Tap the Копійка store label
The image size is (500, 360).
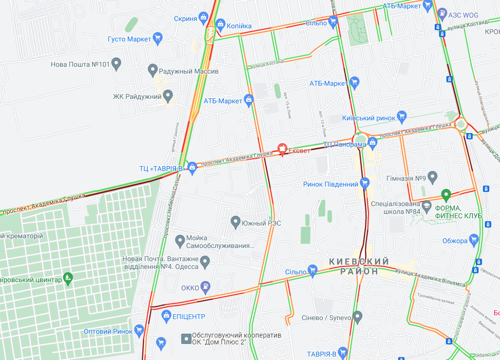click(239, 25)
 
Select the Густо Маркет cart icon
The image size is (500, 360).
click(157, 38)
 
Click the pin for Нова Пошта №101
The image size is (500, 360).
click(116, 64)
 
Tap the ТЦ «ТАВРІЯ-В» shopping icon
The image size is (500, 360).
click(192, 168)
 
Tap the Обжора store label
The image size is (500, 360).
click(455, 240)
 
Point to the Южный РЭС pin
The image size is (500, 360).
click(235, 223)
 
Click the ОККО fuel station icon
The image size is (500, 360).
click(207, 287)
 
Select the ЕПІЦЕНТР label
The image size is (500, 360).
click(188, 317)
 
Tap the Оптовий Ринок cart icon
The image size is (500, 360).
click(139, 331)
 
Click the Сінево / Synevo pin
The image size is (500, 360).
click(357, 318)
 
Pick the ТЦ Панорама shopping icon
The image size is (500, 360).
click(373, 142)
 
